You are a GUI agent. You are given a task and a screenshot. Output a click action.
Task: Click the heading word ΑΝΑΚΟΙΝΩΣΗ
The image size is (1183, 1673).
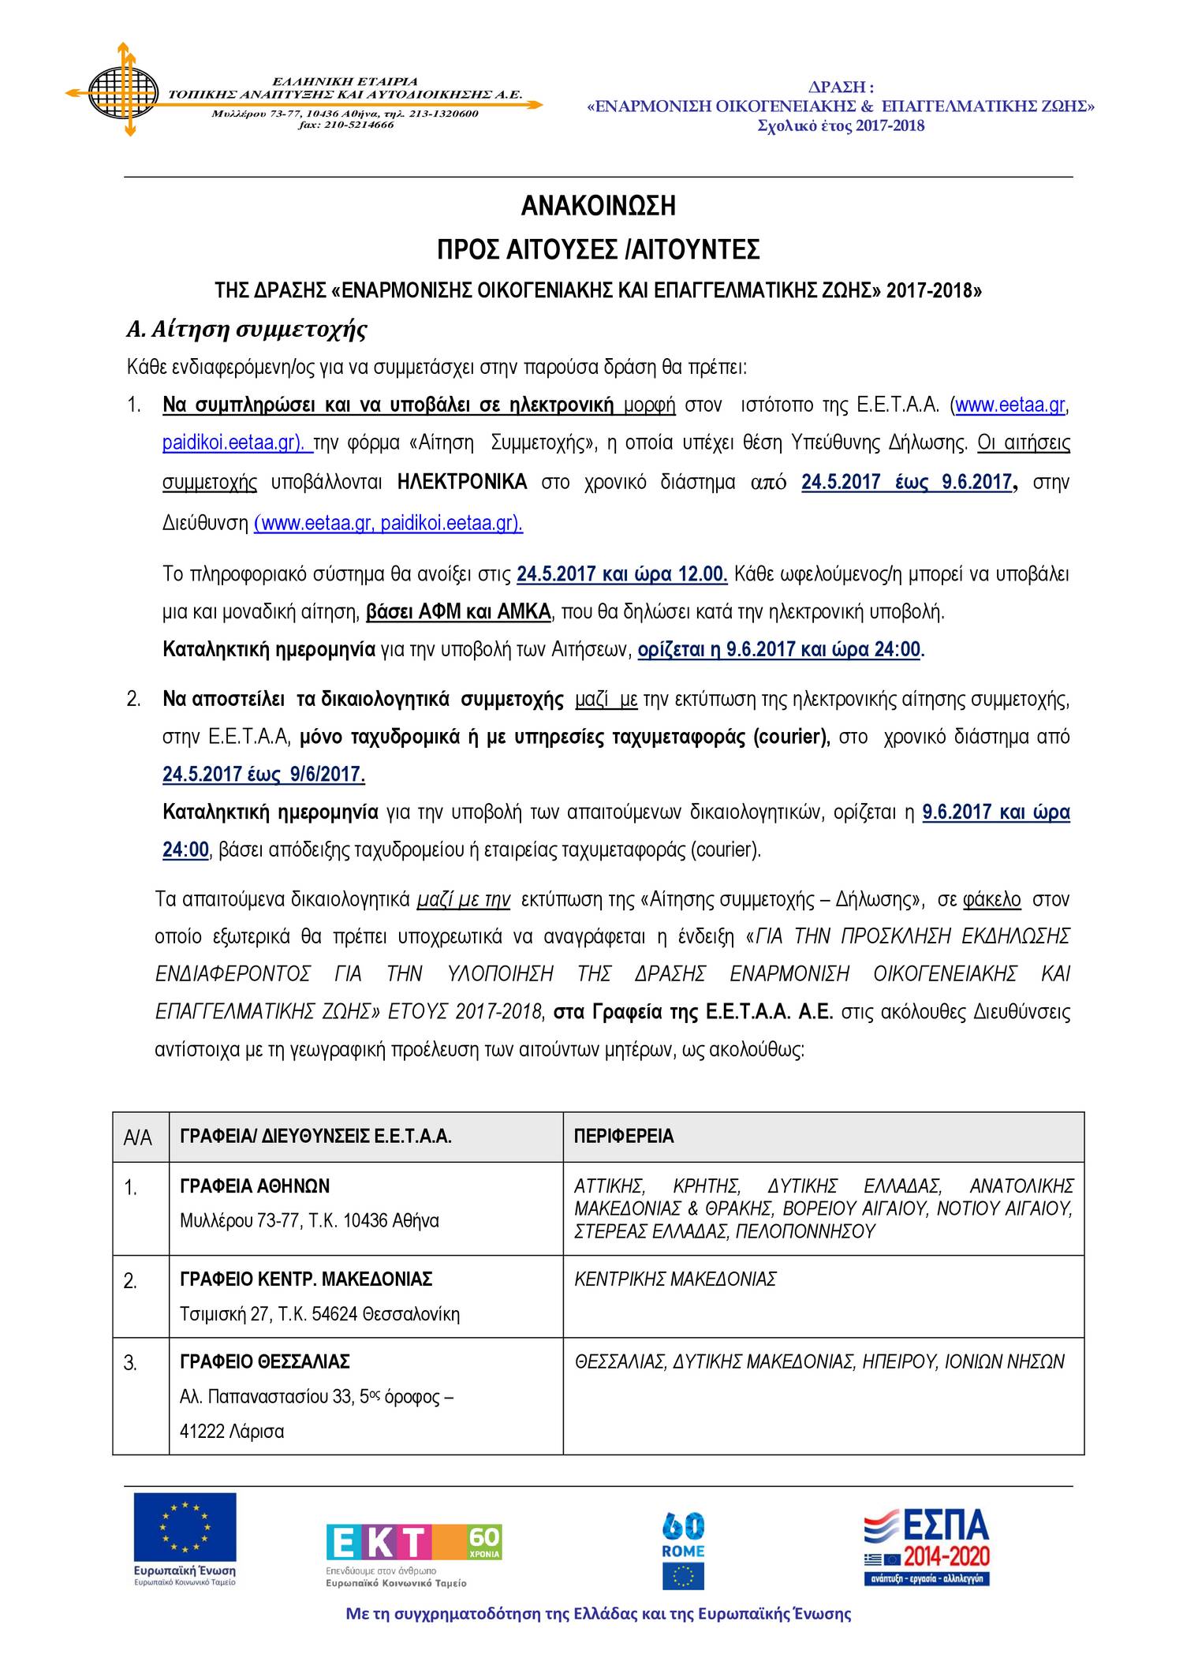(x=598, y=207)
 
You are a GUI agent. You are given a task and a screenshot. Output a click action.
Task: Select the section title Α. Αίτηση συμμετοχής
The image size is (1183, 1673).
(x=247, y=329)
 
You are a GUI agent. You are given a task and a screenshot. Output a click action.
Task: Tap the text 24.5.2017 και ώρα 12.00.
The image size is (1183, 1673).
(x=621, y=574)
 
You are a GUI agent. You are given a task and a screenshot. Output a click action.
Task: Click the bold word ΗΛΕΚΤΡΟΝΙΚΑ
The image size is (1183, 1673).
(x=462, y=482)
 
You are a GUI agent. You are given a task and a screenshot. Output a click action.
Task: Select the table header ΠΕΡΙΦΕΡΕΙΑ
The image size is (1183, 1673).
(x=624, y=1137)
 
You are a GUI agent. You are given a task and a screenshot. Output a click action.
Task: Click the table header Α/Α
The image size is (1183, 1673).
(x=138, y=1137)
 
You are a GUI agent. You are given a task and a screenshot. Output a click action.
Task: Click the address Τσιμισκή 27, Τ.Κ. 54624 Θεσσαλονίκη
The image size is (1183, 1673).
(x=319, y=1314)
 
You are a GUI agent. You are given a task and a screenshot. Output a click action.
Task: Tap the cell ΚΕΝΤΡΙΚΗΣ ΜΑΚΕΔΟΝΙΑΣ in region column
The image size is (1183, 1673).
(x=675, y=1279)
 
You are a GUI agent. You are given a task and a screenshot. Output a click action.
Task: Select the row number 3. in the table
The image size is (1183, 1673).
(x=131, y=1363)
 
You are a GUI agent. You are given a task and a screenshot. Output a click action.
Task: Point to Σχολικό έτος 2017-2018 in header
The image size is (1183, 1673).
(x=841, y=126)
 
